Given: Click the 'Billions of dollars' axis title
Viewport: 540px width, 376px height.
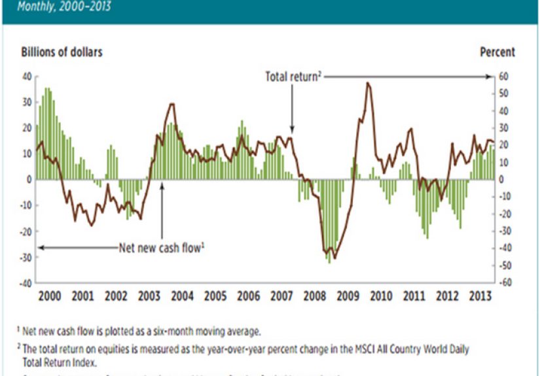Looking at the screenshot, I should point(62,52).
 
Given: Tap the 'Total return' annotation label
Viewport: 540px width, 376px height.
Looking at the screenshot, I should point(292,77).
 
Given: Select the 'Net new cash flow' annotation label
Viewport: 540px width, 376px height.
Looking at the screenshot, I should point(162,248).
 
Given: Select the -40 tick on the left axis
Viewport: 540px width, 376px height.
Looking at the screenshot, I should point(24,283).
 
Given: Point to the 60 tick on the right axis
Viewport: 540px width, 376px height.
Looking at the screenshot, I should point(503,76).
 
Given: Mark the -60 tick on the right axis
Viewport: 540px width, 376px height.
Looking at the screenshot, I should point(503,283).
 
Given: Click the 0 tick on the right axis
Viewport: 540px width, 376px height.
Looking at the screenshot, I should point(501,179).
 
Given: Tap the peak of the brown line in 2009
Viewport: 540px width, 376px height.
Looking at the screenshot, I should point(368,83).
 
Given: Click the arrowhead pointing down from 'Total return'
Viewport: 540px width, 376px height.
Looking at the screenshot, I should point(292,131).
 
